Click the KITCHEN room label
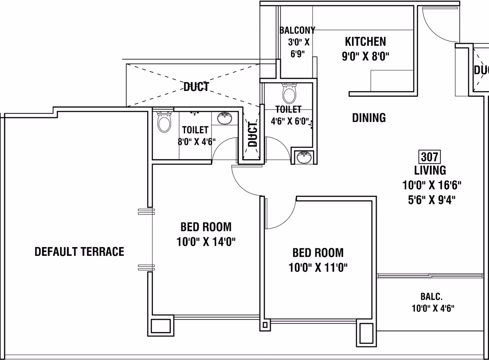[x=365, y=41]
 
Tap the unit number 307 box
[x=430, y=156]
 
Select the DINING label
[x=368, y=118]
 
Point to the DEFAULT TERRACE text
[x=79, y=251]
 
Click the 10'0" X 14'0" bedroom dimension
[x=206, y=242]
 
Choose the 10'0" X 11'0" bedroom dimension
[x=318, y=267]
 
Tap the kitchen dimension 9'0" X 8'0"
[x=365, y=56]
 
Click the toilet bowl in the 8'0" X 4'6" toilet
[x=164, y=122]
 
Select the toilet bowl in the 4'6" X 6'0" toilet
[x=289, y=93]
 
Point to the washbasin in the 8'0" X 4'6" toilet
[x=225, y=118]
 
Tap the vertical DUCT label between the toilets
[x=252, y=134]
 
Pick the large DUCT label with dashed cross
[x=196, y=87]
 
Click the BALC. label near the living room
[x=431, y=296]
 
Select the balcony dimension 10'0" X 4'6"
[x=433, y=308]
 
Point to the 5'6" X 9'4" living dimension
[x=432, y=200]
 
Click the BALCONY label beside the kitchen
[x=297, y=30]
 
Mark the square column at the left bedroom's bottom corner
[x=161, y=325]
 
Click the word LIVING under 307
[x=430, y=170]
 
